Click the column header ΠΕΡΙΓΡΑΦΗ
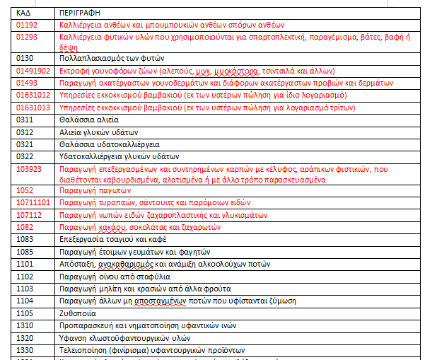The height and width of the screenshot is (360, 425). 79,13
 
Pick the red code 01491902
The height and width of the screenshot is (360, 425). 33,71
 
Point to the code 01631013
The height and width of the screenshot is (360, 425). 33,108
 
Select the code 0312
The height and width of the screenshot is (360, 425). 25,132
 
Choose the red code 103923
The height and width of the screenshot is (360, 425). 29,169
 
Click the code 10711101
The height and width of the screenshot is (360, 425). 33,203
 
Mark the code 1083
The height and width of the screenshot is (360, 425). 25,239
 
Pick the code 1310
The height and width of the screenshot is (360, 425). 25,325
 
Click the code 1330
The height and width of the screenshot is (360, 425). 25,349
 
